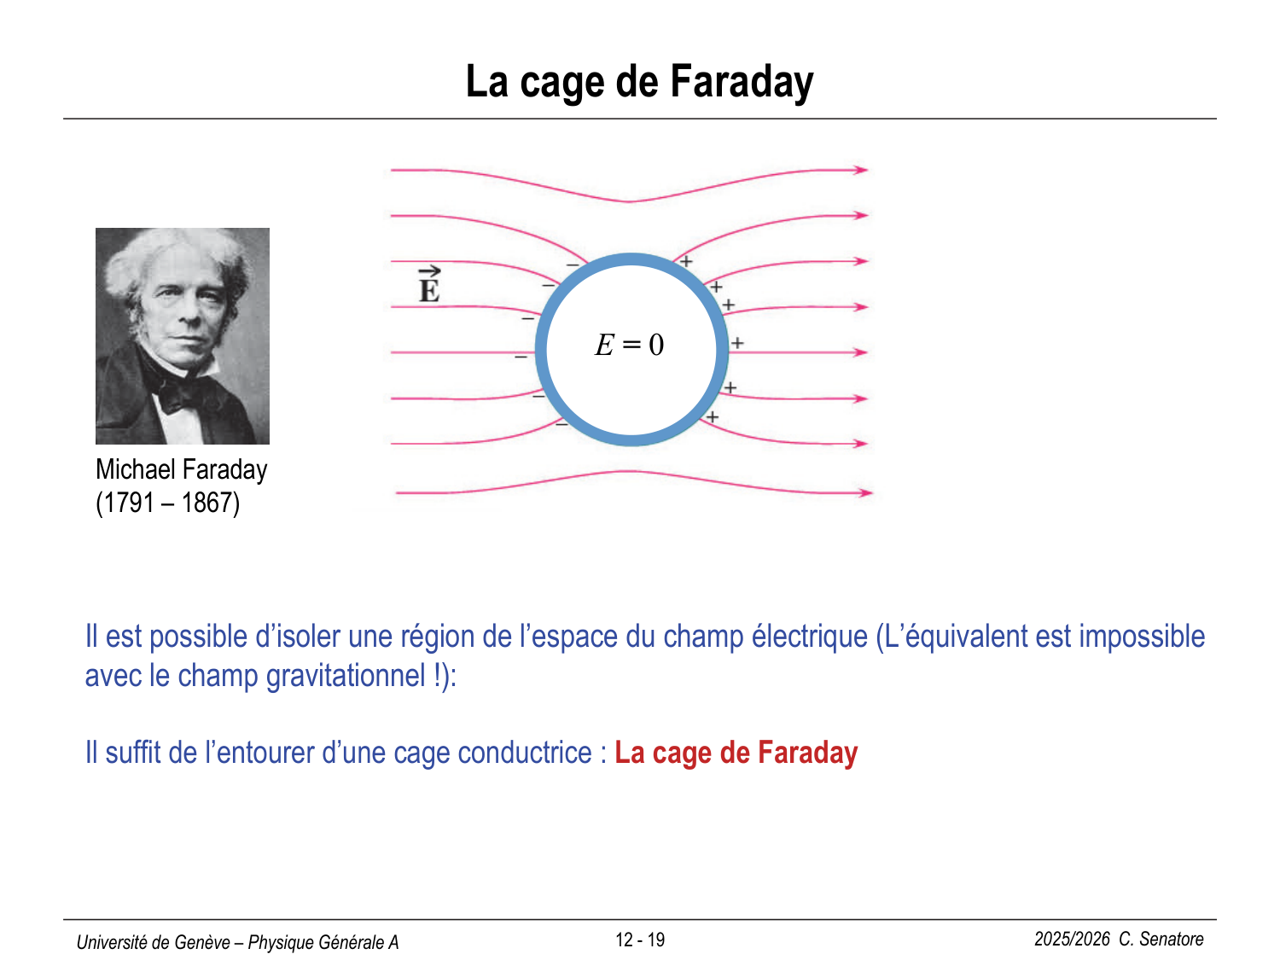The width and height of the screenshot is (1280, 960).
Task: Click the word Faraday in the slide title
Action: pyautogui.click(x=742, y=83)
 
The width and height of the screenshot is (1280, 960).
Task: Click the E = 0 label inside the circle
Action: pyautogui.click(x=629, y=344)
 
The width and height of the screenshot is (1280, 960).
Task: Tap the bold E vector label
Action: pyautogui.click(x=429, y=284)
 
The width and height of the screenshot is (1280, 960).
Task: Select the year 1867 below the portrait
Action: pyautogui.click(x=207, y=503)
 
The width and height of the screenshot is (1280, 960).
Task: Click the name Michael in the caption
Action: pyautogui.click(x=136, y=469)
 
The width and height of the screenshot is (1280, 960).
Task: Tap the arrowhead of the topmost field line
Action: pyautogui.click(x=861, y=170)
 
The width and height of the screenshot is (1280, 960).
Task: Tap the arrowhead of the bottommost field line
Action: pyautogui.click(x=865, y=492)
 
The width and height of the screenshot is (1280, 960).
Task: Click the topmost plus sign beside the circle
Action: pyautogui.click(x=686, y=261)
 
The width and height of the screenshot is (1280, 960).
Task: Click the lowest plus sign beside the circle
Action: pyautogui.click(x=712, y=416)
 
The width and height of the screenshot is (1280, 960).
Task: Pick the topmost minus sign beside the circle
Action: pyautogui.click(x=573, y=265)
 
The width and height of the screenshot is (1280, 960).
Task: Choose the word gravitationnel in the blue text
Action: pyautogui.click(x=346, y=676)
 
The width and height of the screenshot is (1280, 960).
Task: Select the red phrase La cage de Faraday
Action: pyautogui.click(x=736, y=753)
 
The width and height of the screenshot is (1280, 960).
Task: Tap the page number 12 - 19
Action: pyautogui.click(x=640, y=940)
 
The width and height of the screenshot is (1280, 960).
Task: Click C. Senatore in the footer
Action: pyautogui.click(x=1161, y=940)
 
